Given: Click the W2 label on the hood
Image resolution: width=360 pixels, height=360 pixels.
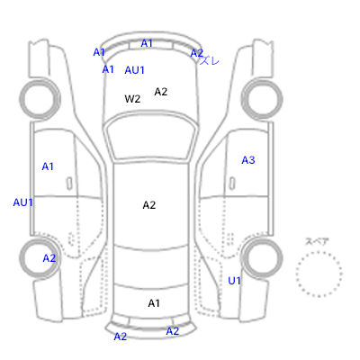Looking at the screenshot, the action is tap(132, 99).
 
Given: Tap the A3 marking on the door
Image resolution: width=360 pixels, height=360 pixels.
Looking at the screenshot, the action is tap(248, 160).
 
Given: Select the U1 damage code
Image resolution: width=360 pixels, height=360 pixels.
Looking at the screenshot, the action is tap(234, 281).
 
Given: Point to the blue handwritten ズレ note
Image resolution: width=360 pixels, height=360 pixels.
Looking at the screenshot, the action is tap(210, 61).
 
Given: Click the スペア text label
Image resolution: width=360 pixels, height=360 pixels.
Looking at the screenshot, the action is tap(317, 241).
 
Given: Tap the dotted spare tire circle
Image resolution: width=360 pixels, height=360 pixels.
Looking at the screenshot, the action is tap(319, 252).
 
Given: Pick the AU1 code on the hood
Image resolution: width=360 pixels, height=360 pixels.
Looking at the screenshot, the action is tap(134, 70).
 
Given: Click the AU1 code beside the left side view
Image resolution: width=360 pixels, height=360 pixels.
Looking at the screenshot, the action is tap(22, 202).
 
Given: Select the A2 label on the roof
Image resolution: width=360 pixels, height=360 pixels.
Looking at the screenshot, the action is tap(149, 205).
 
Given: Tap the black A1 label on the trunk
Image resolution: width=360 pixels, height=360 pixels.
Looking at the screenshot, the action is tap(154, 303).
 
